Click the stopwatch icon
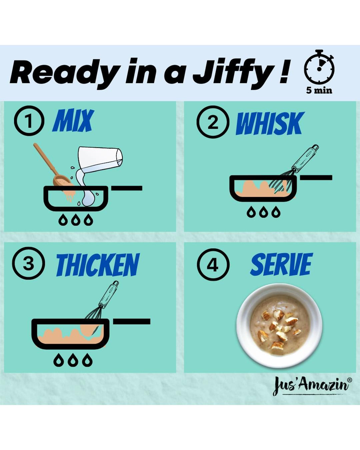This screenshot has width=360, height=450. click(x=319, y=66)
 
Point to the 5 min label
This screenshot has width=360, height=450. click(x=319, y=90)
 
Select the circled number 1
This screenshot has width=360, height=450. click(x=29, y=121)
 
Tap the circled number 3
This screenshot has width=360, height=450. click(x=28, y=263)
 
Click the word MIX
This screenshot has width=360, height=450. click(x=73, y=120)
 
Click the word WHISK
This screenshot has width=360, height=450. click(x=270, y=123)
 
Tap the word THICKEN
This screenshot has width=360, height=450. click(x=98, y=265)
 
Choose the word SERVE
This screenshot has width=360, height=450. click(x=282, y=264)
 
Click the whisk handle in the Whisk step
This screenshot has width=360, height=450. click(x=305, y=158)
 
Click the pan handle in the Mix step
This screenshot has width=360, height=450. click(x=127, y=188)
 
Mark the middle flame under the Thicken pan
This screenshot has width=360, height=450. click(x=73, y=360)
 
